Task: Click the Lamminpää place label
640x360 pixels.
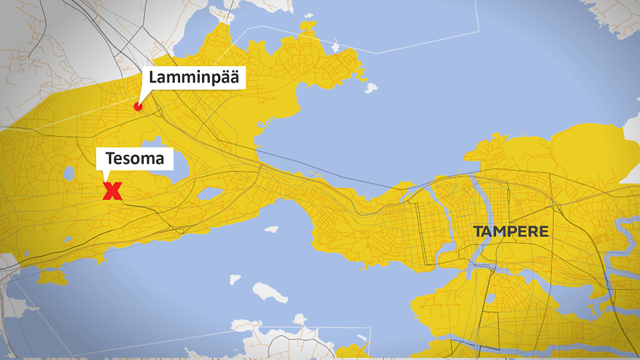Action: coord(194,78)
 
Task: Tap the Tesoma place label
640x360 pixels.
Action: coord(134,159)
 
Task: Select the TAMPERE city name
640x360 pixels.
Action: coord(511,232)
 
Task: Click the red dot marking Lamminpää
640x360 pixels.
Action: coord(138,107)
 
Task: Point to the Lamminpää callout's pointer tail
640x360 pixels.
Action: coord(142,97)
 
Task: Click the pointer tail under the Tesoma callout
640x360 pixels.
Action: coord(104,176)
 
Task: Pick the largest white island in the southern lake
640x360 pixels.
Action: coord(269,292)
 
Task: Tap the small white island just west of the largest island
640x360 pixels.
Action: coord(235,279)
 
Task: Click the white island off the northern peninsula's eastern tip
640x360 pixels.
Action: coord(371,88)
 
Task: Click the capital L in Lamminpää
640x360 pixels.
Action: coord(153,79)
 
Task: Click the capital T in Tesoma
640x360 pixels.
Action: coord(110,159)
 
